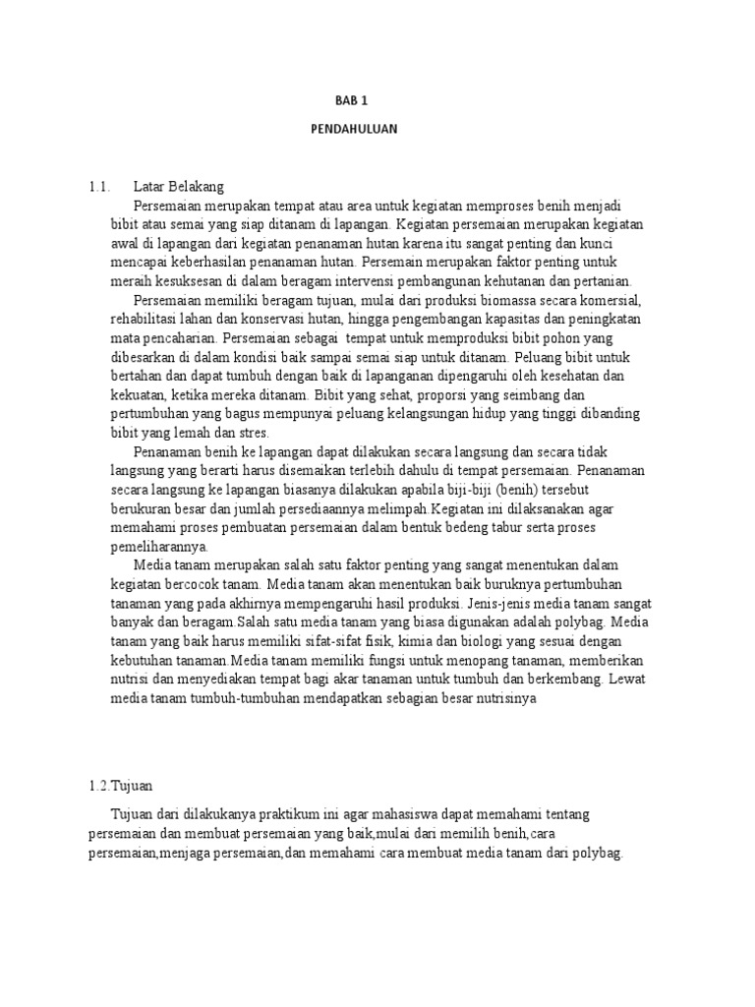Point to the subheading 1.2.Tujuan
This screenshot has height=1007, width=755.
(x=119, y=786)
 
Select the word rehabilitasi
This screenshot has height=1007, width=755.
(x=144, y=319)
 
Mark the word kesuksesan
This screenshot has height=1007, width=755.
(x=185, y=281)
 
